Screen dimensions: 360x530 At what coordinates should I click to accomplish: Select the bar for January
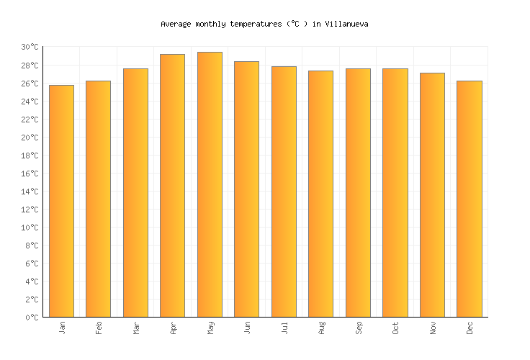pos(61,201)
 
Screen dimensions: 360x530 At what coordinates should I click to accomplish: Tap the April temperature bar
pos(172,186)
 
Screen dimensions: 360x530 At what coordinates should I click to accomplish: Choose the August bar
pos(320,194)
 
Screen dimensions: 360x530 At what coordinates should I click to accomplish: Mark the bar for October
pos(395,193)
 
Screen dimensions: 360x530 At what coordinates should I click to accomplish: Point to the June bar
pos(246,189)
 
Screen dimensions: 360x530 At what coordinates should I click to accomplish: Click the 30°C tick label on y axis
pos(30,48)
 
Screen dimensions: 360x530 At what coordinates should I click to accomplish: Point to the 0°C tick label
pos(32,318)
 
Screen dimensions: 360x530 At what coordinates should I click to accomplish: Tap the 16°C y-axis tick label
pos(30,174)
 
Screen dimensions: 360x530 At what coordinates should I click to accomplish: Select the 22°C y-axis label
pos(30,120)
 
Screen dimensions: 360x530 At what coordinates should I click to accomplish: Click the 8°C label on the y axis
pos(32,246)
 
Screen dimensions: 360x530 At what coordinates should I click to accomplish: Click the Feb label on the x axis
pos(99,328)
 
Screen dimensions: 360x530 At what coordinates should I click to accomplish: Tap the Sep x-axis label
pos(359,328)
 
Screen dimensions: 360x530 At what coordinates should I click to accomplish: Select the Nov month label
pos(433,328)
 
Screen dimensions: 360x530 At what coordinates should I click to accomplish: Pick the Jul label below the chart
pos(284,328)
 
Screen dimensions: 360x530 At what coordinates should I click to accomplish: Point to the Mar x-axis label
pos(136,328)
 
